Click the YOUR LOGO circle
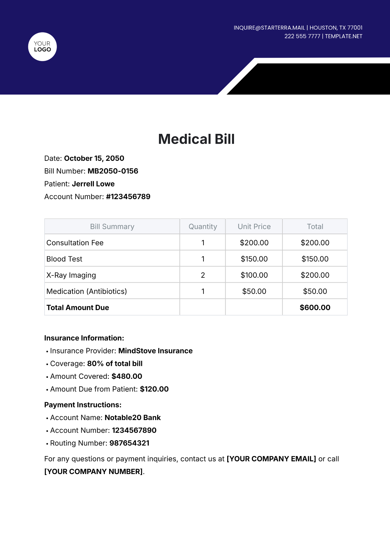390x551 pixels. tap(43, 47)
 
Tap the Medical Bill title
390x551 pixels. tap(196, 139)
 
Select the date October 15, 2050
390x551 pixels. tap(94, 158)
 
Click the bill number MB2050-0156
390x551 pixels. tap(113, 171)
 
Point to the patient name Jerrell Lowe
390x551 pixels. tap(93, 184)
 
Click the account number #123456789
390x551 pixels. tap(128, 197)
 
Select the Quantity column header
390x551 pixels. tap(203, 226)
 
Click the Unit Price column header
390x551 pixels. tap(254, 226)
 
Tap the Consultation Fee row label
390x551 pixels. tap(75, 243)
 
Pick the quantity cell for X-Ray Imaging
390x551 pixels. tap(203, 275)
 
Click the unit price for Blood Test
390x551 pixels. tap(254, 259)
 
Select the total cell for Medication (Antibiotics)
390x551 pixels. tap(315, 291)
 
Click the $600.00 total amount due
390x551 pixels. tap(315, 308)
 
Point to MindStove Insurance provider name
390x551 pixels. tap(155, 351)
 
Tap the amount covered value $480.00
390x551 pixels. tap(127, 376)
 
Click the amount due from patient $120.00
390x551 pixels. tap(154, 389)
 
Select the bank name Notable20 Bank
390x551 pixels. tap(133, 417)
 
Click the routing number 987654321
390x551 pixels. tap(129, 443)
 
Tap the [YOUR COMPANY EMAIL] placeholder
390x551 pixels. tap(271, 459)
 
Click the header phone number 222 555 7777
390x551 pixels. tap(302, 36)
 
